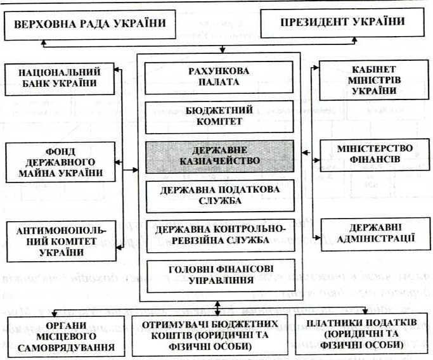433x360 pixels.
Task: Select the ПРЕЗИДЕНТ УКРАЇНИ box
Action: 342,23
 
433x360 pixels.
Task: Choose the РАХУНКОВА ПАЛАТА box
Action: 219,76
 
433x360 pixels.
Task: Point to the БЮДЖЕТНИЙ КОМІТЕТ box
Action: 219,115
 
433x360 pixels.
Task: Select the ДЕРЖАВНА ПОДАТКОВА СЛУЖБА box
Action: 219,195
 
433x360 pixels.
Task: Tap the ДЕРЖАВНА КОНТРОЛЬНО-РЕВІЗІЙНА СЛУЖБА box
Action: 219,234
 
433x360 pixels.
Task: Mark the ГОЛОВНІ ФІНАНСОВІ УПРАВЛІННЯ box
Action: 219,273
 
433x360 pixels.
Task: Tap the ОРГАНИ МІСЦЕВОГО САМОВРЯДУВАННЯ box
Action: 62,336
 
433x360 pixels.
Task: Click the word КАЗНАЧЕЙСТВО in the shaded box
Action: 219,161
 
